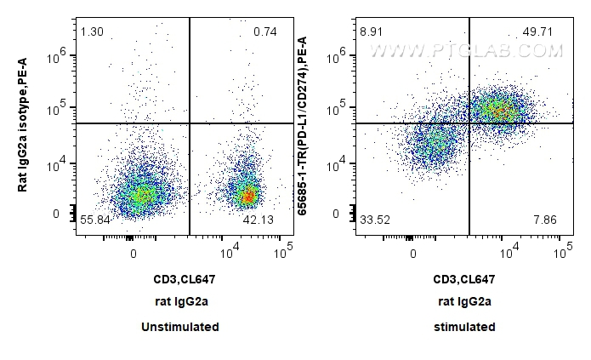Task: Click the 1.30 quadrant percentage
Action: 91,32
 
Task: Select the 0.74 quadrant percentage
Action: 265,32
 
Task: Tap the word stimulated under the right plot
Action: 465,327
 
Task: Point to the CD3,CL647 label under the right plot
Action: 465,278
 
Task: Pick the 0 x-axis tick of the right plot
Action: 412,253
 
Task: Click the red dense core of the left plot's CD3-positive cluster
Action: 247,196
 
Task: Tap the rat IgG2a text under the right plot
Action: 465,301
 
